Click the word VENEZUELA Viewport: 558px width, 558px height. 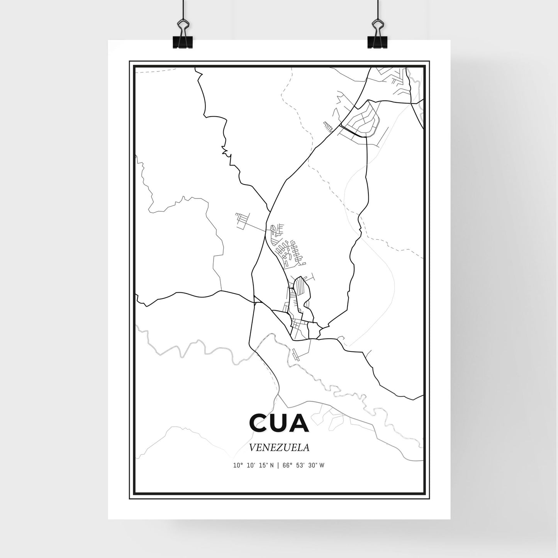pos(279,448)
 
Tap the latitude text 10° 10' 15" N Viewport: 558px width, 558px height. pos(253,466)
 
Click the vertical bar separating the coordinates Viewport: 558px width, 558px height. pos(277,466)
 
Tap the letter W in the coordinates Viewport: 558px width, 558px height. pos(322,466)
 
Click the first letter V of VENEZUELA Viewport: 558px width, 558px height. pos(252,448)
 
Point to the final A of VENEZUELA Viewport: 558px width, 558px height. pos(307,448)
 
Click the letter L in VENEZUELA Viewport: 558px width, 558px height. pos(300,448)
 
